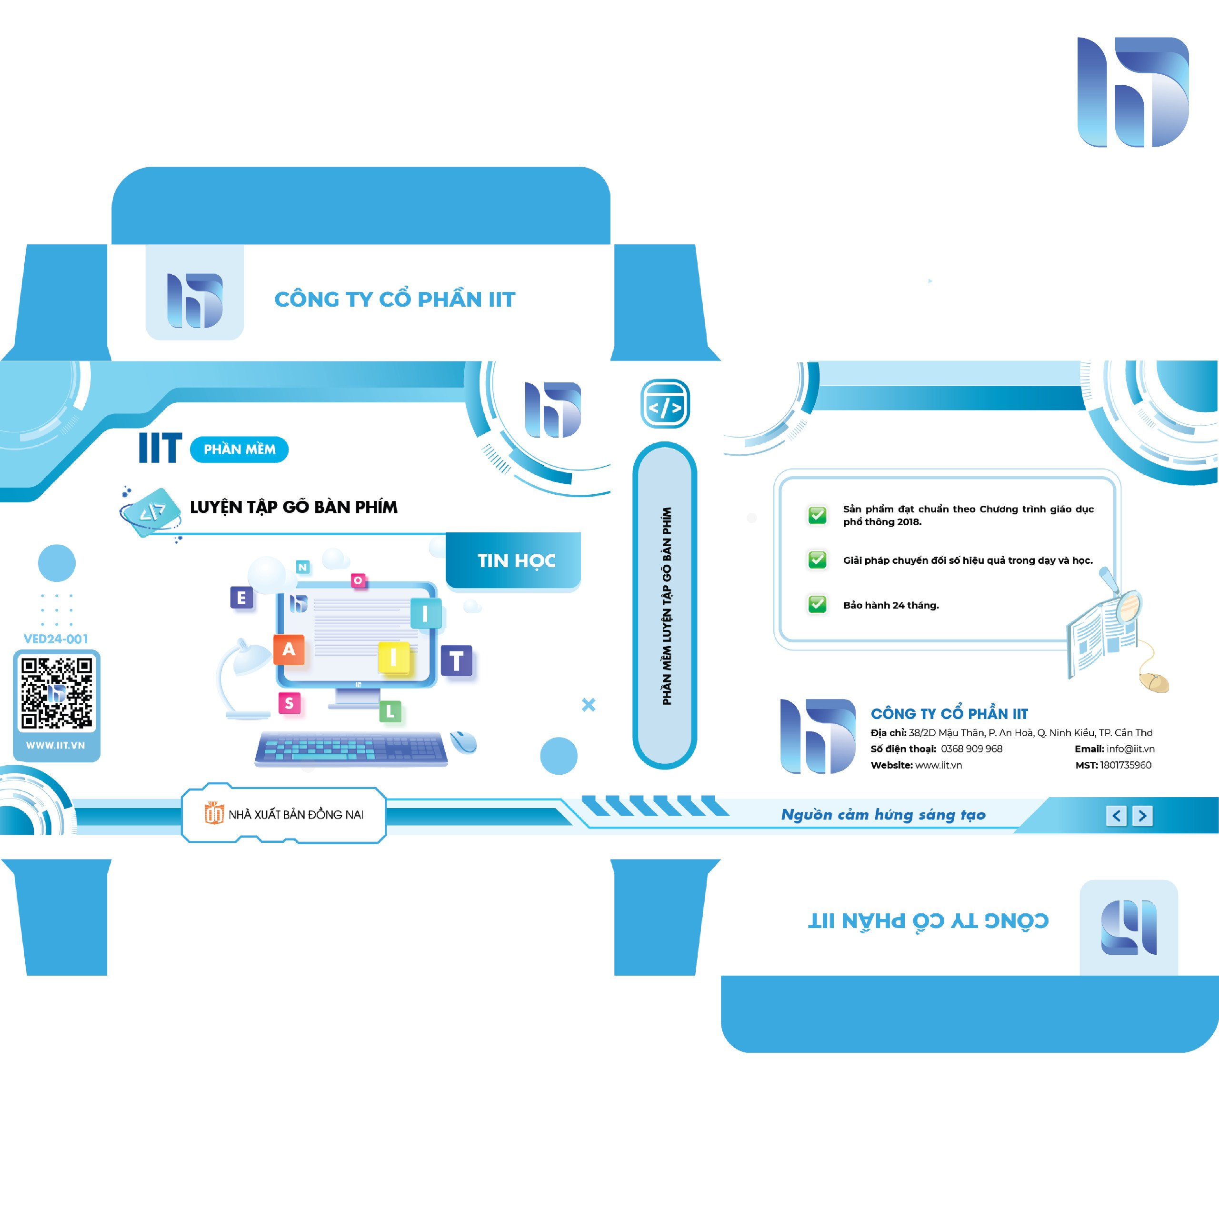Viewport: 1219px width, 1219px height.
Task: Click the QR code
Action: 57,693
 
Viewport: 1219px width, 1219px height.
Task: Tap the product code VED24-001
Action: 56,639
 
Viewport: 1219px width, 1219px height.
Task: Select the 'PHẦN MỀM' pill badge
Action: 239,449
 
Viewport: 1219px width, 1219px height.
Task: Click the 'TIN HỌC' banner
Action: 514,560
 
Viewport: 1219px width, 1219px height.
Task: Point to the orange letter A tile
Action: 289,649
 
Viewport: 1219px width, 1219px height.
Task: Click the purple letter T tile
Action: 457,660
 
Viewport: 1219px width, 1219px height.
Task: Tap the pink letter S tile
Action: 290,703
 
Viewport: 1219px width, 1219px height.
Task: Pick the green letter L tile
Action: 390,712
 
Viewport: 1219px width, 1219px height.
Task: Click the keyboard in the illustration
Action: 351,749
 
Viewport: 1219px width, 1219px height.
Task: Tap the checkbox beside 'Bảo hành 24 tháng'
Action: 818,604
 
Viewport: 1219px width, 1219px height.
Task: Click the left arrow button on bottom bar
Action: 1117,816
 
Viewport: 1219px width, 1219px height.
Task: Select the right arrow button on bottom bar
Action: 1142,816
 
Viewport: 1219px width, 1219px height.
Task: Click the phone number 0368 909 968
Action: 972,749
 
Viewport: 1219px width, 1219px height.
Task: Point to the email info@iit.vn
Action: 1130,749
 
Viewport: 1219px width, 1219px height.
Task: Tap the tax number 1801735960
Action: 1126,765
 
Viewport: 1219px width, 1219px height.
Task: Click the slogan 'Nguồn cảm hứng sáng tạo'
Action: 883,815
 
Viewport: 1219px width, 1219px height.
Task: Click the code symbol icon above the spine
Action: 665,404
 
